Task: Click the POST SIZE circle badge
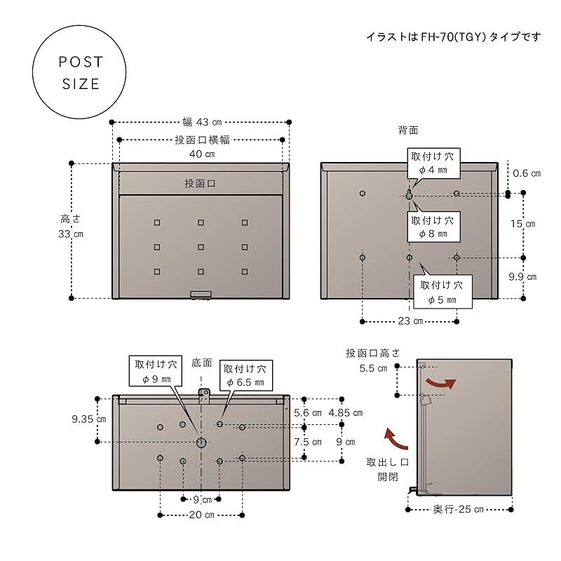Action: point(81,73)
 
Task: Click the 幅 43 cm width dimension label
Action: point(202,122)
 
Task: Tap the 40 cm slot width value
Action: point(201,154)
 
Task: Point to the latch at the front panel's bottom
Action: point(201,295)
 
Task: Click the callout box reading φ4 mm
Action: point(433,163)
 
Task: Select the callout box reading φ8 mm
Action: point(433,227)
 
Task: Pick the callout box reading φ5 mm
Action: point(442,292)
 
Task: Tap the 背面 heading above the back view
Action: point(409,130)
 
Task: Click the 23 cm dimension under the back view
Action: point(409,321)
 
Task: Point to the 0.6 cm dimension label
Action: point(527,173)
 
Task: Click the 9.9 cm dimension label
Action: point(522,277)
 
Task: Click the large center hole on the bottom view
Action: point(201,442)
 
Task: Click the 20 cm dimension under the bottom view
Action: point(202,515)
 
